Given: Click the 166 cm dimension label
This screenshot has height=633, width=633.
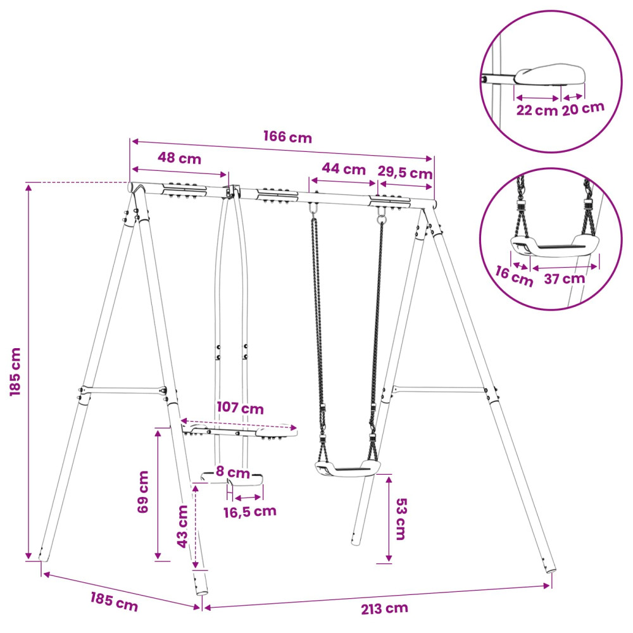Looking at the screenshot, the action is (x=288, y=137).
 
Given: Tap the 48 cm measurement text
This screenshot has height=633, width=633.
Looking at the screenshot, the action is (x=179, y=158).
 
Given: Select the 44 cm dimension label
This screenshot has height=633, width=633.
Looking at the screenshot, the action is (x=344, y=169).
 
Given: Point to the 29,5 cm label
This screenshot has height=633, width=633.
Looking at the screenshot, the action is (x=405, y=172).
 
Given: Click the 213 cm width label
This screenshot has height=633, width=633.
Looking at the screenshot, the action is (x=384, y=608).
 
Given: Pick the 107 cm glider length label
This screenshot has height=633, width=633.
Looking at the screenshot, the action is (x=240, y=408).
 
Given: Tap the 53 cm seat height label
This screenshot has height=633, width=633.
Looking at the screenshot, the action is (x=401, y=519).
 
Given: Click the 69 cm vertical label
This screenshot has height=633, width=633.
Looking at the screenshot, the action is (x=143, y=492).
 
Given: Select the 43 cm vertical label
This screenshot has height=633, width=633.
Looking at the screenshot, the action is (x=182, y=527).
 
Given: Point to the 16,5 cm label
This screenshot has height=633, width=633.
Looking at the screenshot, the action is (x=250, y=512).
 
